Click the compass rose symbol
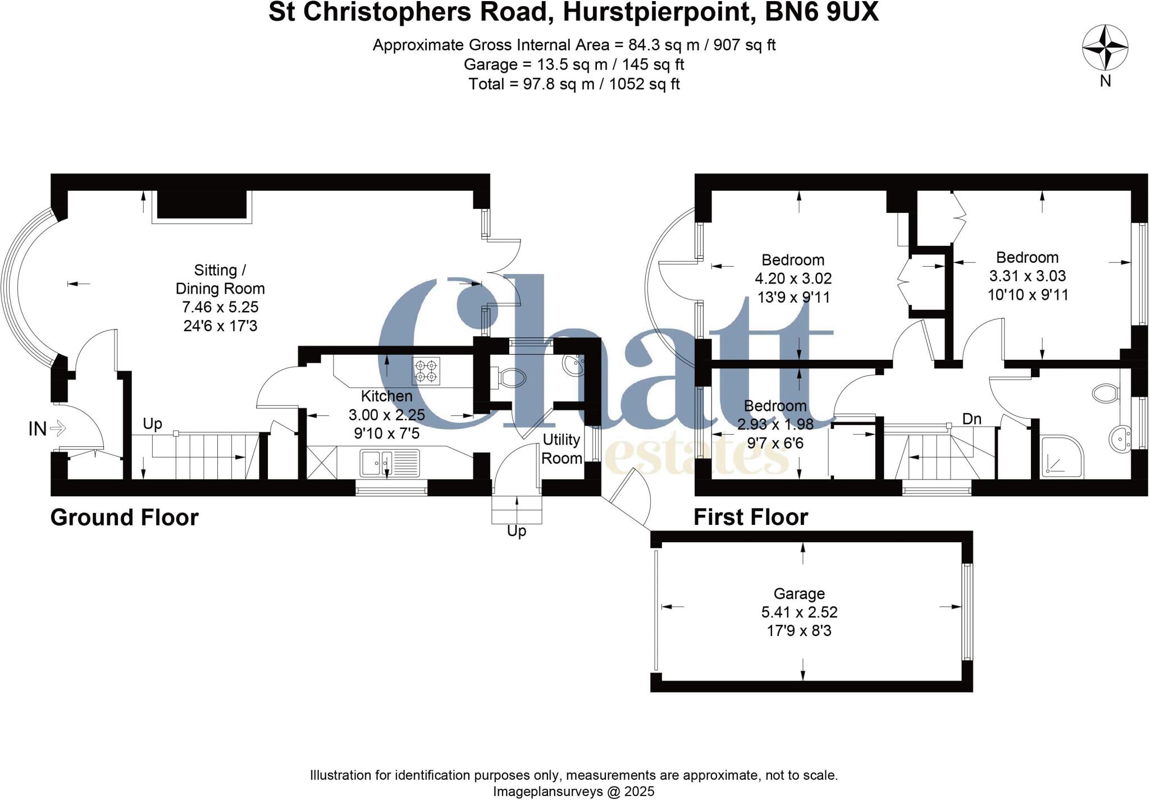click(x=1105, y=48)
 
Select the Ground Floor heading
click(x=125, y=518)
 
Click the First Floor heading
click(x=751, y=517)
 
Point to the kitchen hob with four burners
click(x=426, y=371)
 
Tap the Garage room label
click(x=799, y=593)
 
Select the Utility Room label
click(x=561, y=449)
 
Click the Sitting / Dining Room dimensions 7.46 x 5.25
click(x=220, y=307)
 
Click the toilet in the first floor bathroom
click(x=1106, y=393)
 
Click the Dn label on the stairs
click(x=971, y=419)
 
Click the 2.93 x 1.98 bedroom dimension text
click(x=775, y=424)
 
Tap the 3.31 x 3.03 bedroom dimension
click(x=1027, y=276)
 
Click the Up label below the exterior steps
click(x=517, y=531)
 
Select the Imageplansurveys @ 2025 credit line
click(x=574, y=792)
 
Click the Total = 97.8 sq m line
click(x=574, y=84)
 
